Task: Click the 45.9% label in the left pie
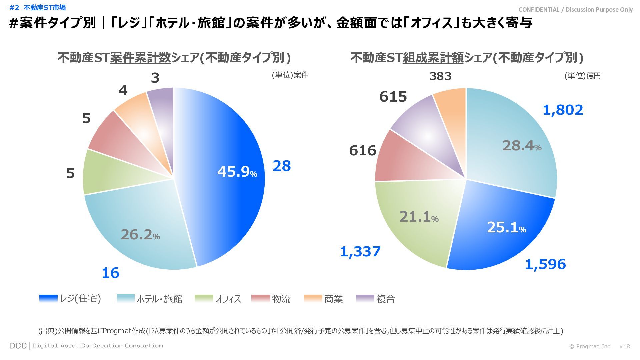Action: tap(237, 172)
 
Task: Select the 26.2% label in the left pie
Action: tap(140, 235)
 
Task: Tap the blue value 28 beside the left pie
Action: tap(282, 166)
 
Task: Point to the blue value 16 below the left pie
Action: tap(110, 273)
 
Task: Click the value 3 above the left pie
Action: tap(155, 78)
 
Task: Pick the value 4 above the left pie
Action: tap(123, 91)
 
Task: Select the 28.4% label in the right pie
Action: tap(522, 146)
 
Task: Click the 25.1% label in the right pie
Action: tap(506, 227)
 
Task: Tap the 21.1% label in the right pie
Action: tap(419, 217)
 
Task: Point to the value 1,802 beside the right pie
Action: tap(563, 110)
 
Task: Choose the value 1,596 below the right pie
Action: tap(545, 264)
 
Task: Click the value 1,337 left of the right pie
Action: tap(360, 252)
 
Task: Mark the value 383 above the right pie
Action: tap(440, 76)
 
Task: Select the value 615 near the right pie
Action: tap(393, 97)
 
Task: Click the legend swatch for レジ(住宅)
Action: tap(48, 298)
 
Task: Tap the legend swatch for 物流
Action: tap(260, 298)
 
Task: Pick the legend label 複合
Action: tap(386, 299)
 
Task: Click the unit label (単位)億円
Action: tap(582, 76)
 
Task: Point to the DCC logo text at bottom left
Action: tap(18, 346)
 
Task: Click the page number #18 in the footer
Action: tap(624, 346)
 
